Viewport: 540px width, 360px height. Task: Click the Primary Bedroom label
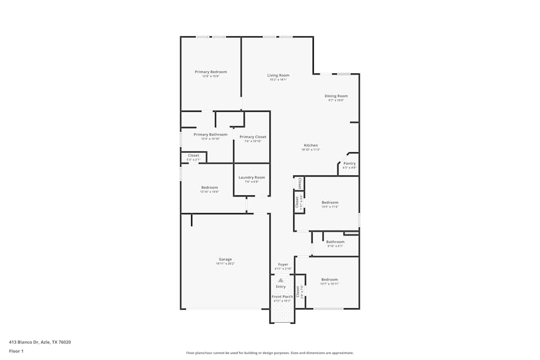(x=211, y=72)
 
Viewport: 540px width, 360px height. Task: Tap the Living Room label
(x=278, y=76)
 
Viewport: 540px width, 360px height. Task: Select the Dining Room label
(x=336, y=96)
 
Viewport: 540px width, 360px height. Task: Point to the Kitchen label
(x=310, y=145)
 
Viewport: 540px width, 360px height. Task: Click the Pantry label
(x=349, y=163)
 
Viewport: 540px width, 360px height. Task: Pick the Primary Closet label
(x=253, y=137)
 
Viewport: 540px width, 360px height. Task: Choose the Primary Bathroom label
(x=210, y=134)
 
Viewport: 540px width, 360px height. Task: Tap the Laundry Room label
(x=252, y=178)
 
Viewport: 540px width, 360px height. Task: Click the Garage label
(x=225, y=259)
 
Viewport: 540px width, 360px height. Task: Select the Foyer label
(x=283, y=264)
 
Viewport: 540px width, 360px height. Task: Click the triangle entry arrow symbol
(x=280, y=280)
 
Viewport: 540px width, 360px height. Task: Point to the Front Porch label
(x=282, y=296)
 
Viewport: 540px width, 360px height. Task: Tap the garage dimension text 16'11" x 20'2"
(x=225, y=263)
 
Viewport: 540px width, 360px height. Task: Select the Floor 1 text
(x=16, y=351)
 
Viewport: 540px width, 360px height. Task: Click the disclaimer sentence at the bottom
(x=270, y=353)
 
